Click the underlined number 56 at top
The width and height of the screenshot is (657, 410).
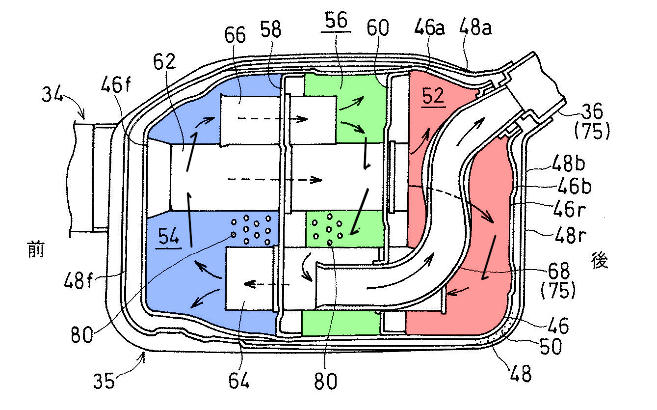(336, 20)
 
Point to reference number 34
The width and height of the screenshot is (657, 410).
(52, 94)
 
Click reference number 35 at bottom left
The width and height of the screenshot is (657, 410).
(104, 381)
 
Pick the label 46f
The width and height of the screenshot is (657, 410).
(116, 84)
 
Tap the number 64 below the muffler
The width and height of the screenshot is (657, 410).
(239, 381)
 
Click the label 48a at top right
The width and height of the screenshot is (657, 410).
(475, 27)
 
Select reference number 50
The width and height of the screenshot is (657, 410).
(551, 346)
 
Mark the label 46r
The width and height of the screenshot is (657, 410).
(569, 209)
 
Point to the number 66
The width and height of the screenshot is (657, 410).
(235, 35)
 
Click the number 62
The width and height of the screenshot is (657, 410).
(164, 61)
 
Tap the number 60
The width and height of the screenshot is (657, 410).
(378, 28)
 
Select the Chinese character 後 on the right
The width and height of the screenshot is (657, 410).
(600, 260)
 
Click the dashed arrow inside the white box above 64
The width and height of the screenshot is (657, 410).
(266, 284)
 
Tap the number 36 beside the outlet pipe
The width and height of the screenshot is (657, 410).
(592, 111)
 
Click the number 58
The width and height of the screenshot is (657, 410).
(271, 29)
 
